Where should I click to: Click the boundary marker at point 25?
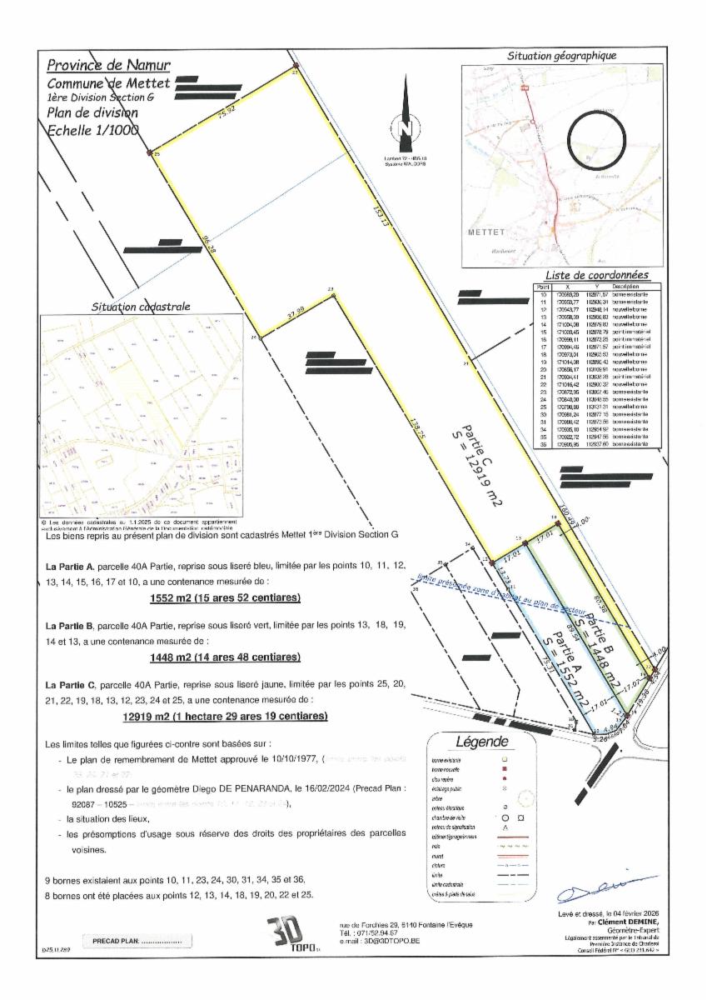coord(150,152)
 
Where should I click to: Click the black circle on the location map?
coord(596,137)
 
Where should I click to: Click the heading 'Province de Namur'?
coord(108,65)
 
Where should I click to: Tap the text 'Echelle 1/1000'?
coord(92,129)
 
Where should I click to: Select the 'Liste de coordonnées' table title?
coord(596,275)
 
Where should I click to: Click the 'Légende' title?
coord(481,742)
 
